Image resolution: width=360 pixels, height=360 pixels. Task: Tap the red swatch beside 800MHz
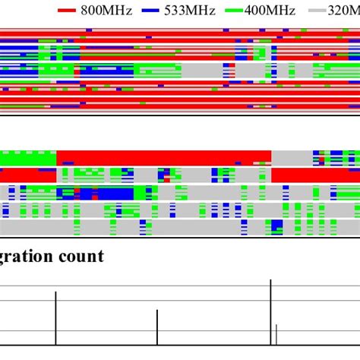(x=68, y=11)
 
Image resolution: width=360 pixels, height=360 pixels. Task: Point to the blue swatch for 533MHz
(x=151, y=11)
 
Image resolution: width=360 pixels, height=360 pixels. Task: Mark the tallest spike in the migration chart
(x=271, y=311)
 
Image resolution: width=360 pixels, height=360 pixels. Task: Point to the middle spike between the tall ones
(x=157, y=327)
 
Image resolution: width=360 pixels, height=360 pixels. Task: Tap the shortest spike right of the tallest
(x=276, y=334)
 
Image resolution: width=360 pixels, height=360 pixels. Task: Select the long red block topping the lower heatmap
(x=163, y=157)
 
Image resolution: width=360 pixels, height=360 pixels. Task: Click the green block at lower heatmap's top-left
(x=27, y=158)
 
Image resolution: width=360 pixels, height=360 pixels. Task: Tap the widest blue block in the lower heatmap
(x=106, y=193)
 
